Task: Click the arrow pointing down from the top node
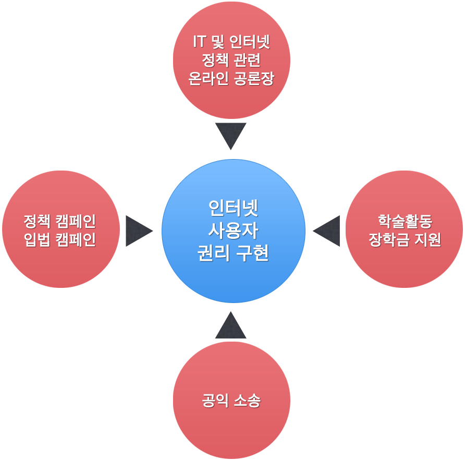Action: [x=230, y=136]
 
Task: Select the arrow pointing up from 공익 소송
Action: [x=230, y=325]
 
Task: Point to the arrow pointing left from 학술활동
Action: [x=326, y=231]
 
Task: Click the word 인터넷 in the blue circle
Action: [x=233, y=209]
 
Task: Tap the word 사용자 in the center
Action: [x=233, y=231]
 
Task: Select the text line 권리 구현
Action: [x=233, y=253]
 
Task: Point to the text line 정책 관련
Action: [x=231, y=60]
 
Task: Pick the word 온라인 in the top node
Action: [x=207, y=79]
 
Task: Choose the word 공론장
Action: [x=254, y=79]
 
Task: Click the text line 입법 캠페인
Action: [x=60, y=240]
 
